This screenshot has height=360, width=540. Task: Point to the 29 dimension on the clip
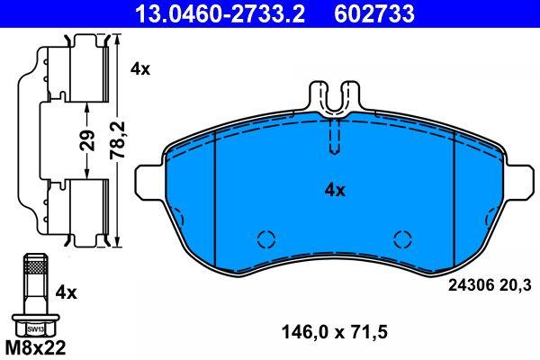coord(85,141)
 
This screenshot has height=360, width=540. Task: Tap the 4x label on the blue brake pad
coord(335,190)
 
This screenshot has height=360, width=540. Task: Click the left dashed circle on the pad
coord(265,239)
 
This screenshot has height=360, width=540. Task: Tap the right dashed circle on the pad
coord(401,239)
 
